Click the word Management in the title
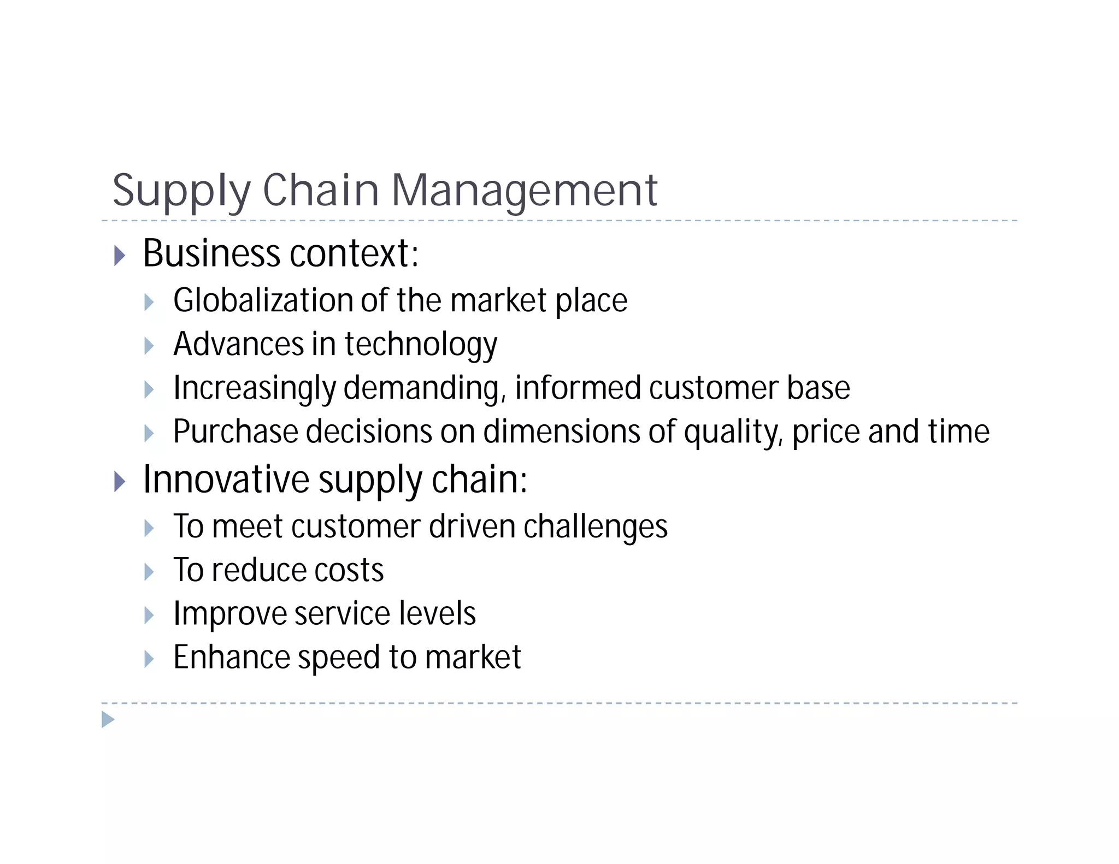coord(525,191)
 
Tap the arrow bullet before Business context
coord(120,255)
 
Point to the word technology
coord(421,345)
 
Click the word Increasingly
coord(254,389)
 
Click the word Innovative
coord(226,480)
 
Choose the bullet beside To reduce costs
coord(149,572)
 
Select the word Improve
coord(230,614)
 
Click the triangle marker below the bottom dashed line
coord(108,719)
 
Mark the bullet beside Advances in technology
coord(149,346)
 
